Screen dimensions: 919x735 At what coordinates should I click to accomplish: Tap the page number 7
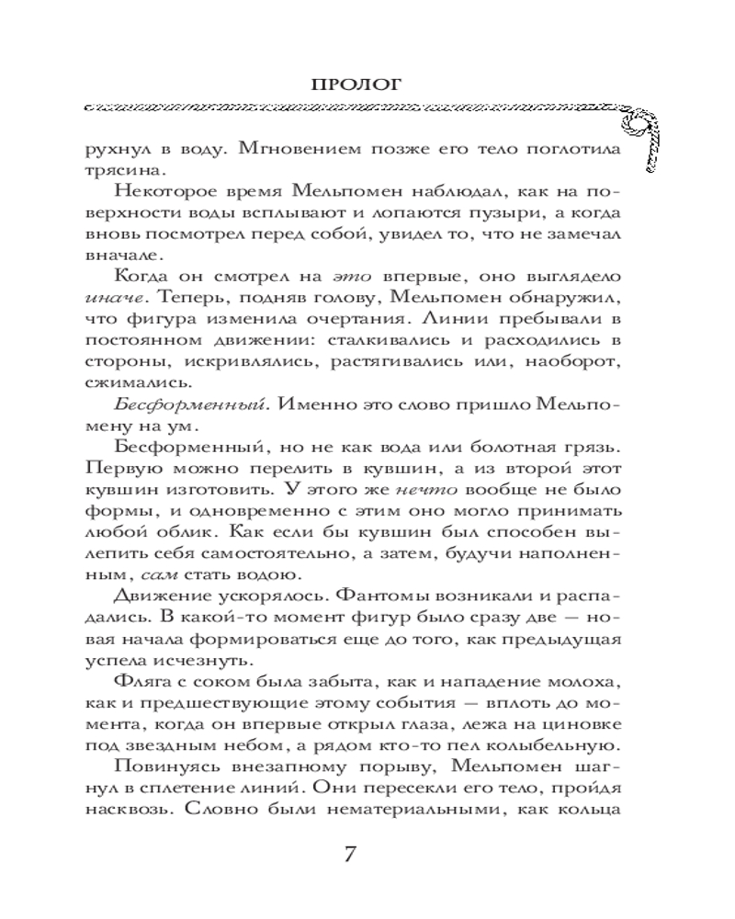[x=349, y=853]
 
